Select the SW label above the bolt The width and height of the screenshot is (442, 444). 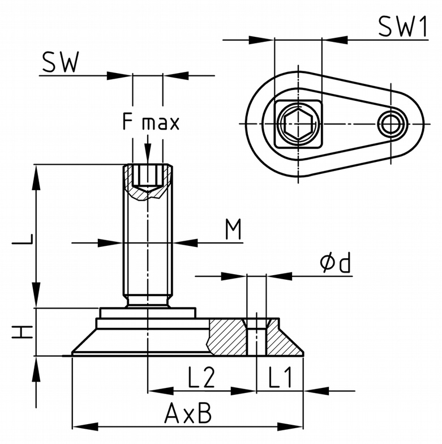coord(60,63)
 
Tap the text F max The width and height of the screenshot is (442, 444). coord(151,122)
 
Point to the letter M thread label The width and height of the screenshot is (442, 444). coord(233,229)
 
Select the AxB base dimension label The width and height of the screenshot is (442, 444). coord(188,414)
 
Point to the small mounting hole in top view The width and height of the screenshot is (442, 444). coord(391,122)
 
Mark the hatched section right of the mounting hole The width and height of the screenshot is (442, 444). coord(281,336)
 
